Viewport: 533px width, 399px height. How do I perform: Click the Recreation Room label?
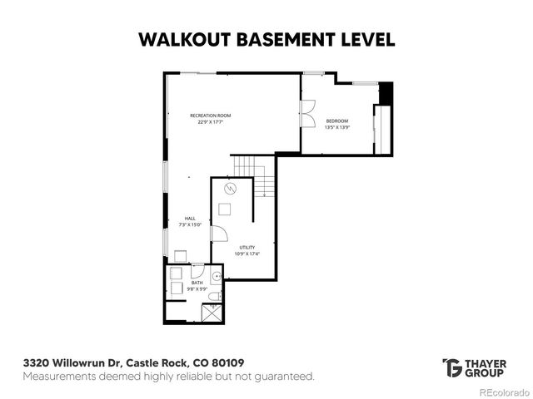(210, 115)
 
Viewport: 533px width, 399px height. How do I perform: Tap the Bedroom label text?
(336, 121)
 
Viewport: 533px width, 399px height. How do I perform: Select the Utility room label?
(247, 247)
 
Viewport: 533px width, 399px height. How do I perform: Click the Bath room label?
(197, 283)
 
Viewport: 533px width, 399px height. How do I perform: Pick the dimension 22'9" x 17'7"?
(210, 122)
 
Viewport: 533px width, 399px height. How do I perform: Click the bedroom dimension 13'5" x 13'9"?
(336, 128)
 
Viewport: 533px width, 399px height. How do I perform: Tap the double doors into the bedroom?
(307, 111)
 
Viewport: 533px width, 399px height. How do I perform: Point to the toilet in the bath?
(214, 296)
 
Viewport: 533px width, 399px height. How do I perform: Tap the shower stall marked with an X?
(212, 313)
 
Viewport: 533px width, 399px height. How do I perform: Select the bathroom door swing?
(197, 271)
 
